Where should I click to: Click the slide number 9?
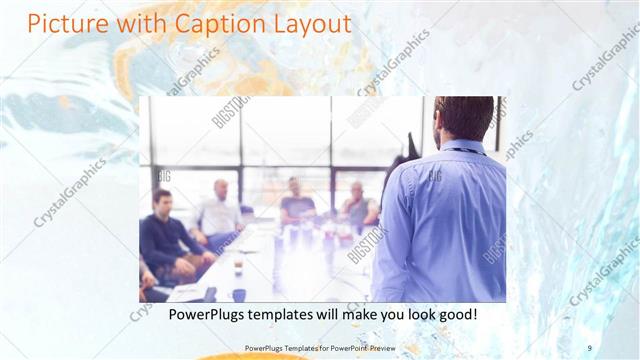590,347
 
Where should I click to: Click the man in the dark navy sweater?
164,235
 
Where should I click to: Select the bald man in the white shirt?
219,211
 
